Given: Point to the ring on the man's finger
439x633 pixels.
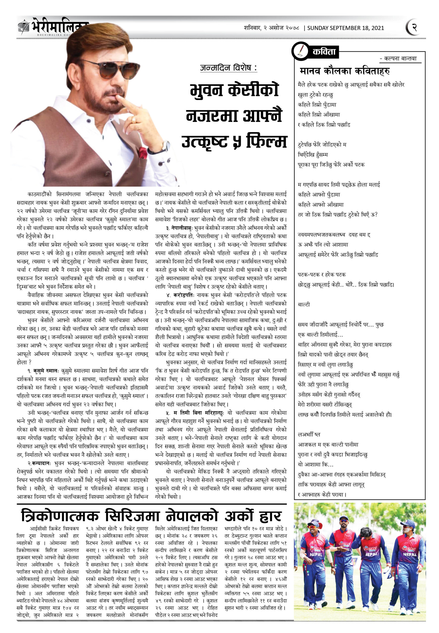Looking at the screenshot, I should [x=134, y=120].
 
